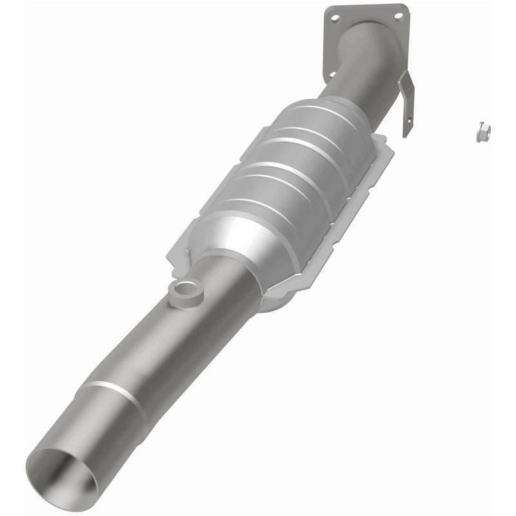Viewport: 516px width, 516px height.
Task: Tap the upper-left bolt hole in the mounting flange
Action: [335, 19]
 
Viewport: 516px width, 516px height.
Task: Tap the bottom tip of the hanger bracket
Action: [407, 134]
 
